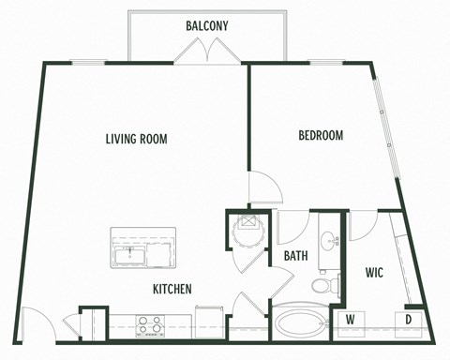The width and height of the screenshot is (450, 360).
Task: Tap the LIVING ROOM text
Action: point(136,139)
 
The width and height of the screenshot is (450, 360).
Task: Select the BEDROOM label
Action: point(321,135)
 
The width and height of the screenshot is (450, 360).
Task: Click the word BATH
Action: point(296,254)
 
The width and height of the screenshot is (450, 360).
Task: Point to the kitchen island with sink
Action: point(142,247)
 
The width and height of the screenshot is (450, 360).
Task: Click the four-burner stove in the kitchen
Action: point(148,324)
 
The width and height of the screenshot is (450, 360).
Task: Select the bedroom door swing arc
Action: point(265,190)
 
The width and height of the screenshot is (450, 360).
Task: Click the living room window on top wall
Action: point(87,62)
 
